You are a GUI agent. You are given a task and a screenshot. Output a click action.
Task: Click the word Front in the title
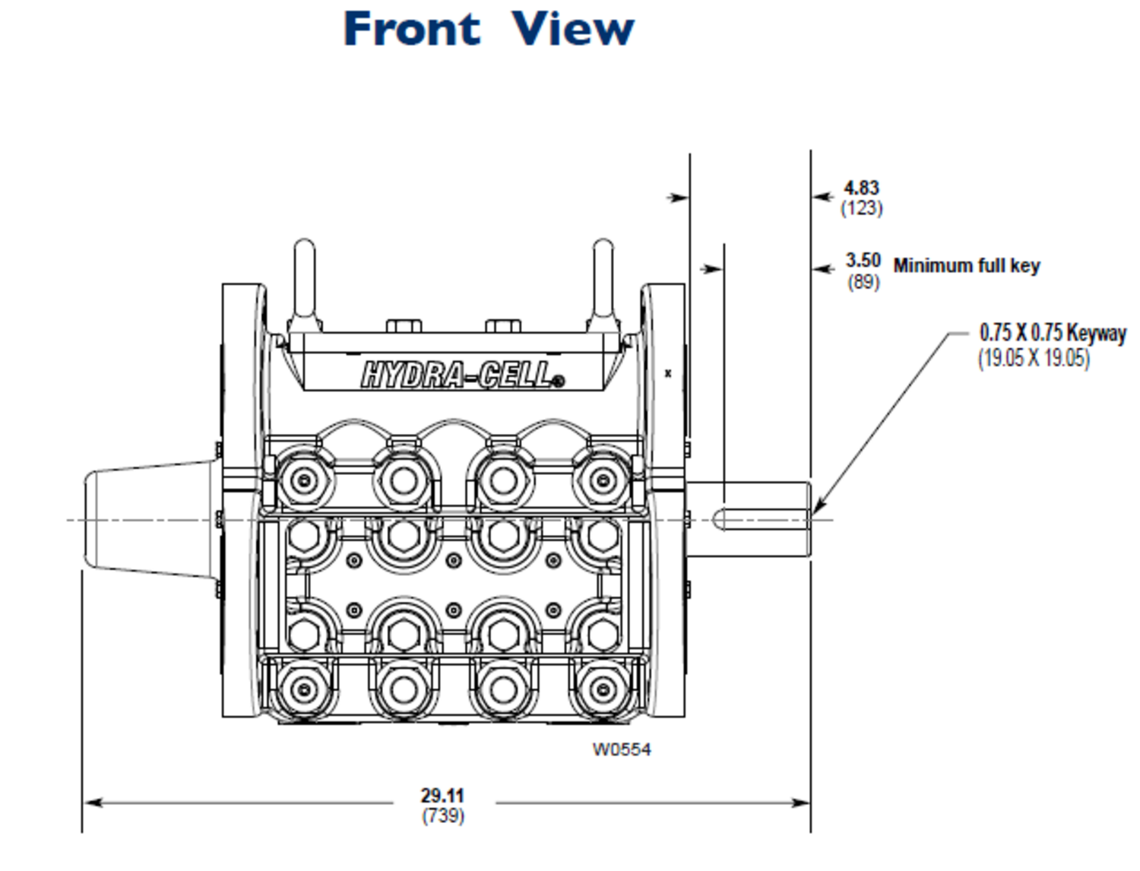click(411, 30)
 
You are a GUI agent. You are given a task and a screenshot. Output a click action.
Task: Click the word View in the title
click(572, 30)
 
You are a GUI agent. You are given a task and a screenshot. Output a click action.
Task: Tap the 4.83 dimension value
click(861, 188)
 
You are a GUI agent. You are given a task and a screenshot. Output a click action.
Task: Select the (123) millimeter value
click(861, 207)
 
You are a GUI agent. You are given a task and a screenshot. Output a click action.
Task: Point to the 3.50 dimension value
click(863, 261)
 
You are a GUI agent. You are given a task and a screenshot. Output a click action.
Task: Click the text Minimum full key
click(966, 266)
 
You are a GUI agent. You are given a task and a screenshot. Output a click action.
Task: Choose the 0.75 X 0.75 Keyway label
click(1053, 333)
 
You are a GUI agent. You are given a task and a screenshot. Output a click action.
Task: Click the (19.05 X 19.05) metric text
click(1034, 358)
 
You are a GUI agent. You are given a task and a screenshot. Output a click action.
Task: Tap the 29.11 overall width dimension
click(442, 795)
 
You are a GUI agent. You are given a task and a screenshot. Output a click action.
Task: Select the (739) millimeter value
click(443, 816)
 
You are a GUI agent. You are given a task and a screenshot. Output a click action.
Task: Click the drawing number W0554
click(622, 749)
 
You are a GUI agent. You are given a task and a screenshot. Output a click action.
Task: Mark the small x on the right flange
click(668, 373)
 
